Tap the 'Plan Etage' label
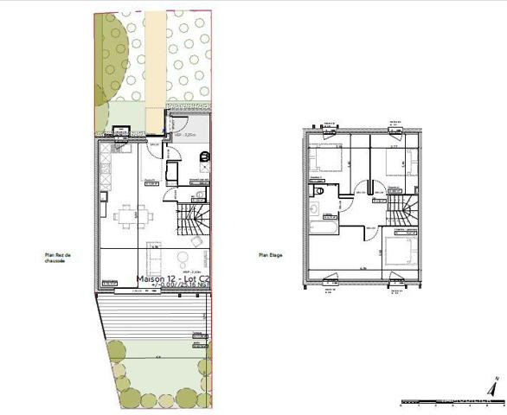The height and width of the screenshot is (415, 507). point(271,255)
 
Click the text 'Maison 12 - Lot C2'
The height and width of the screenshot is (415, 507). point(172,279)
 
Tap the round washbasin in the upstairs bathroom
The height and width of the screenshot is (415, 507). point(314,208)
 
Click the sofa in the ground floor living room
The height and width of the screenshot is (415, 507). point(153,259)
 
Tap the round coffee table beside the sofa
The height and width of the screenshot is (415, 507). point(182,259)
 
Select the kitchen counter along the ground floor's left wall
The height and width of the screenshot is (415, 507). point(106,173)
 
